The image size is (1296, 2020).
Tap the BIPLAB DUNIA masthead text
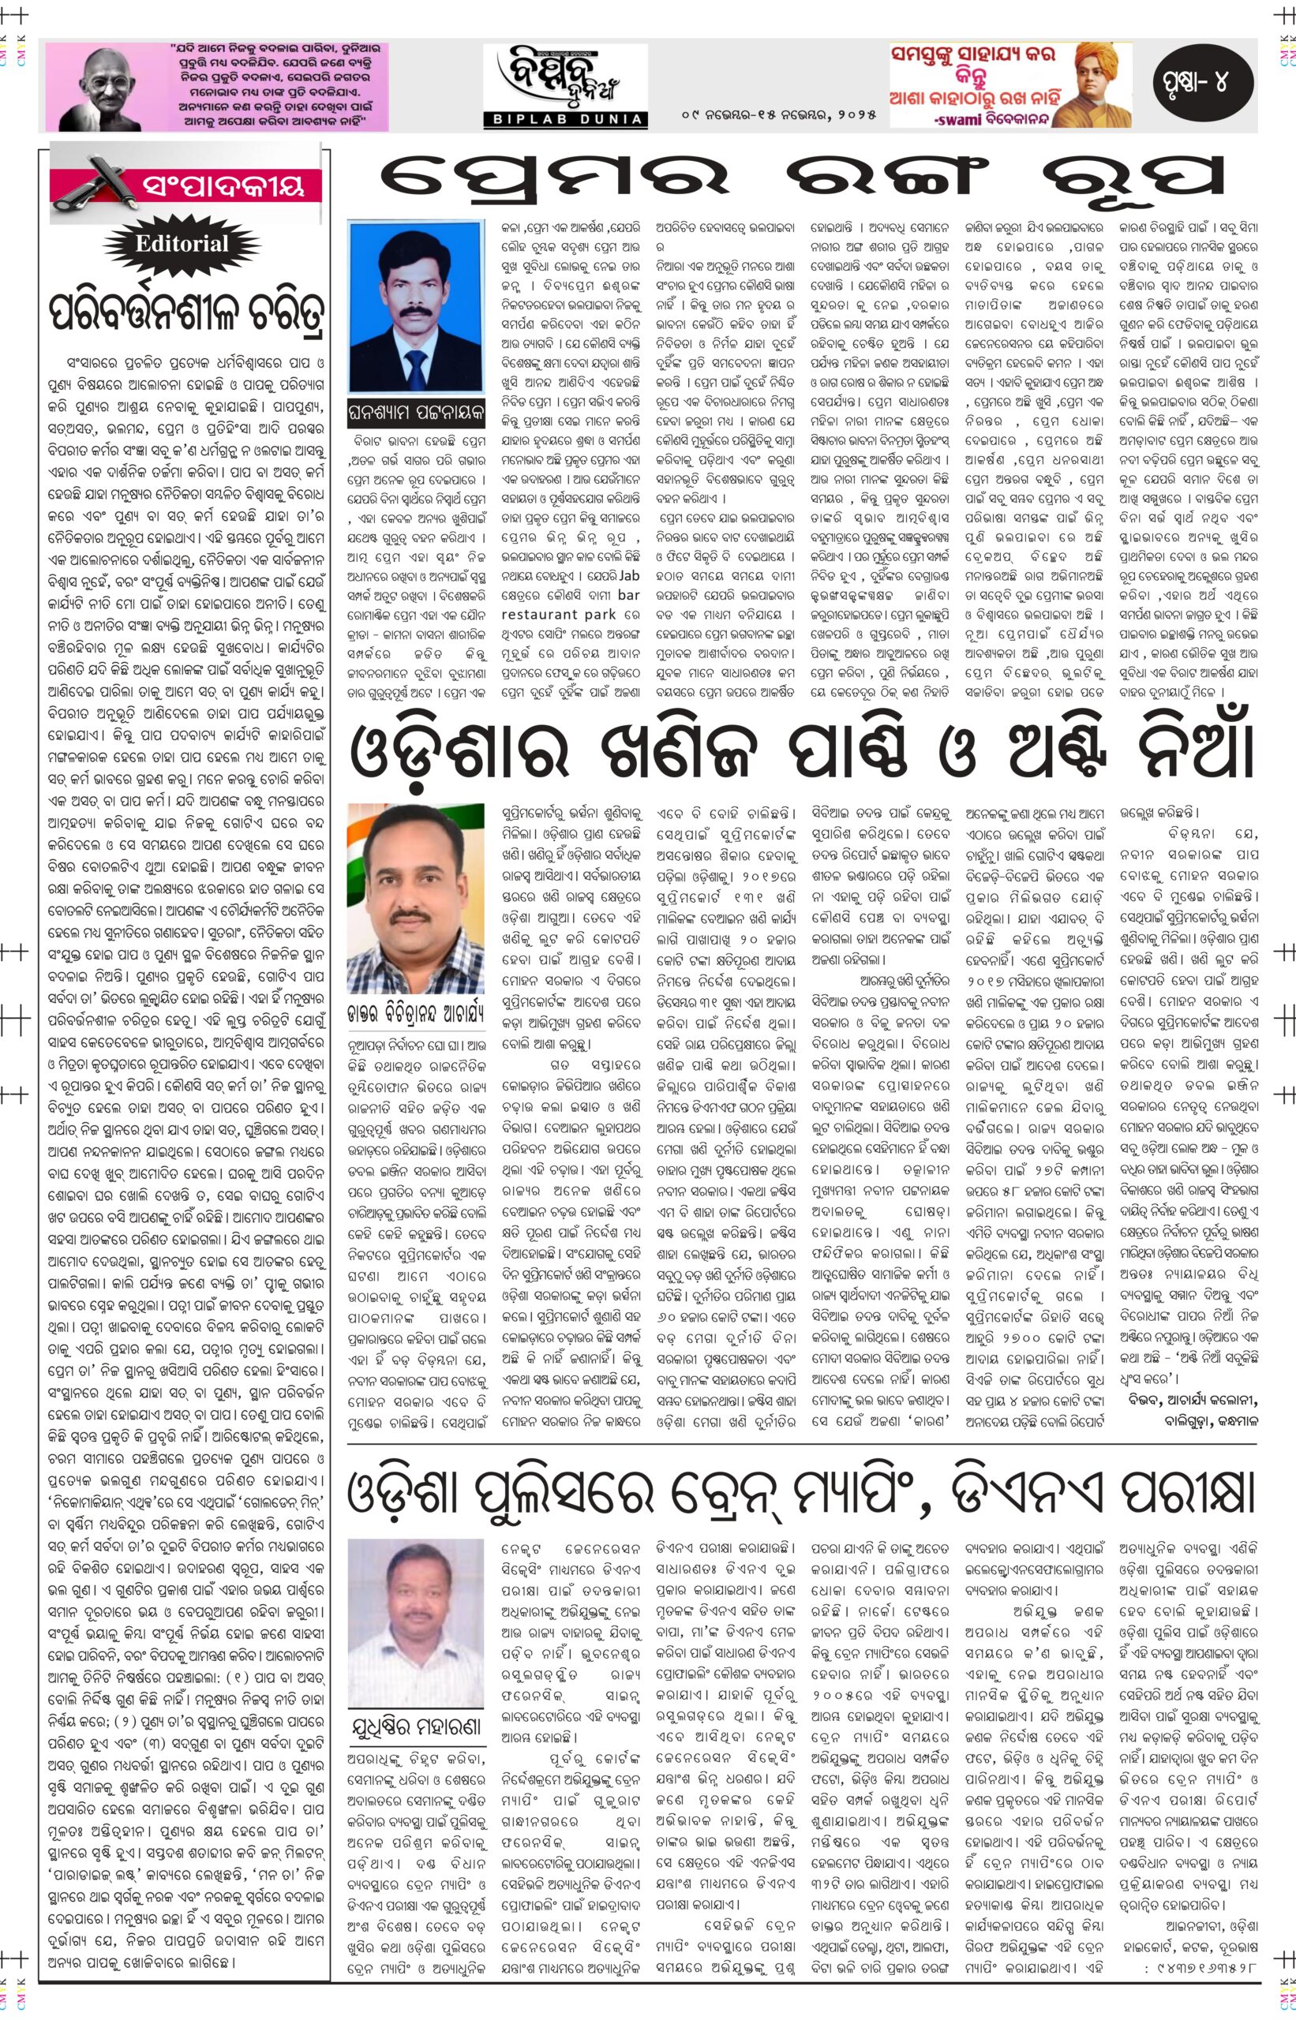point(564,120)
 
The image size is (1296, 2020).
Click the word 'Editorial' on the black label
point(182,244)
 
